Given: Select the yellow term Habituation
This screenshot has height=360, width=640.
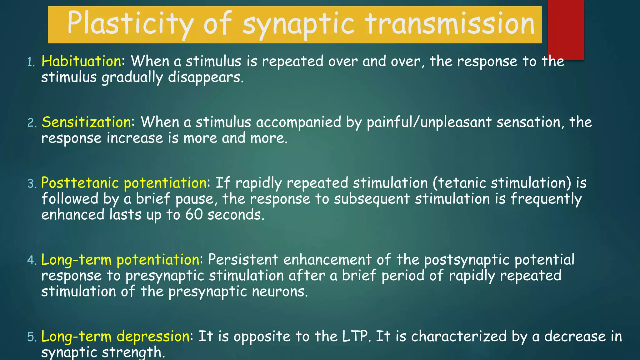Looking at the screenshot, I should (82, 61).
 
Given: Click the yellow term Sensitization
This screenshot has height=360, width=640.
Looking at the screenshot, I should (87, 122).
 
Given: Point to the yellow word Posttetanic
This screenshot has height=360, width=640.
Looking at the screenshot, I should (80, 183).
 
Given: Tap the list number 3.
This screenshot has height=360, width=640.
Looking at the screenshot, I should (31, 184).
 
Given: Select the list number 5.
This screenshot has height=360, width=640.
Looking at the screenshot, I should (31, 337).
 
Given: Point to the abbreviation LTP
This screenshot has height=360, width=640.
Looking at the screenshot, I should (355, 337).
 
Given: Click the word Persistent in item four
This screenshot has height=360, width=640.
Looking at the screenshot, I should (243, 260).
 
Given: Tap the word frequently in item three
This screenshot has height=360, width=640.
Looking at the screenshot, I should (546, 199).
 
